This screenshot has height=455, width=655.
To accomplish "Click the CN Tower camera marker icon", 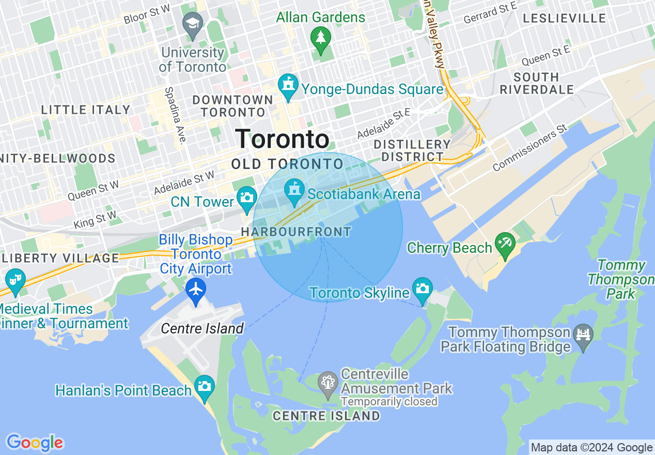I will point(247,197).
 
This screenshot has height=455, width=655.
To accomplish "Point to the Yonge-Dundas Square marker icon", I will point(288,85).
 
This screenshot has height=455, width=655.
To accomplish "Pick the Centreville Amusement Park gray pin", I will point(327,384).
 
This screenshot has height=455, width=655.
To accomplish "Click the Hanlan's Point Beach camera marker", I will point(205,386).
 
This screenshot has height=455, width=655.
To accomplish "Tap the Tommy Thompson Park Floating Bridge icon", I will point(583,336).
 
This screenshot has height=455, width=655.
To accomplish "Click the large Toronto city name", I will point(282,139).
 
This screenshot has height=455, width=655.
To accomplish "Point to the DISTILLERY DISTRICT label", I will point(412,150).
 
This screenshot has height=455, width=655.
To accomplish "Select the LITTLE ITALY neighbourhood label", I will point(86,110).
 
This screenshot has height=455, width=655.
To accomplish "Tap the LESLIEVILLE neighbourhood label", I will point(564,19).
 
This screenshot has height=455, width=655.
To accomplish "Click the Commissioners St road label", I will point(530,148).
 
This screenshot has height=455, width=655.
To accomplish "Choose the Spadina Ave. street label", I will point(175,115).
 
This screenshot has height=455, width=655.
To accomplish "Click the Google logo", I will point(35,443).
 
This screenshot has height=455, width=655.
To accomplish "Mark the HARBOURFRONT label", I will point(296,232).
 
